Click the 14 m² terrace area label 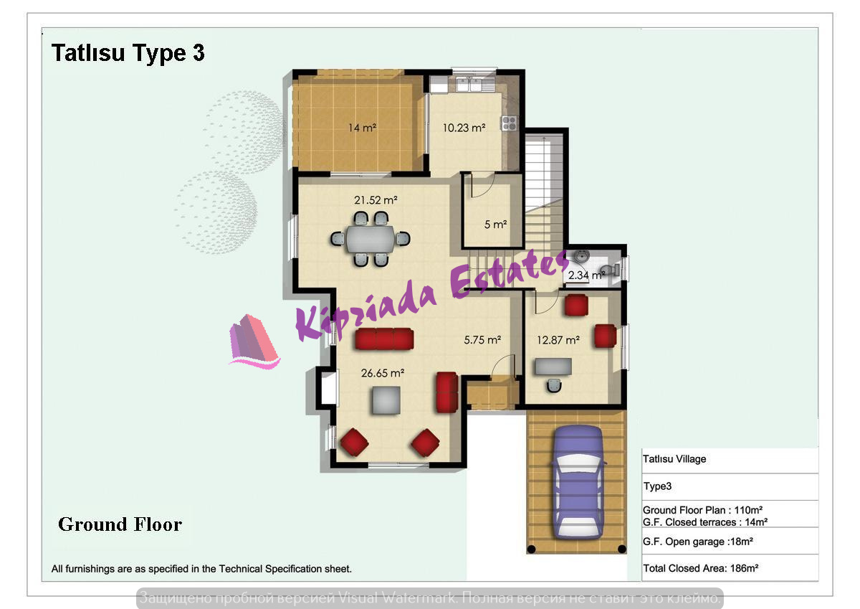[362, 128]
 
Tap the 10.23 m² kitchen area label [464, 128]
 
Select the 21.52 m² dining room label [376, 200]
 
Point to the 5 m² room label [495, 224]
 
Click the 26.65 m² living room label [383, 373]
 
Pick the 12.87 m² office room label [558, 340]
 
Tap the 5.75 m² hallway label [482, 340]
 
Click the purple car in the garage [578, 483]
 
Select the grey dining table [371, 239]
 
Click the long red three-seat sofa [384, 339]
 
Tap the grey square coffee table [386, 400]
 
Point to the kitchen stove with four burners [509, 123]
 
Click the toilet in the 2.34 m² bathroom [610, 270]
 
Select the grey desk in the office [553, 366]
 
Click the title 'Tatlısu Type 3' [128, 52]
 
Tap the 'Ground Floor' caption [120, 524]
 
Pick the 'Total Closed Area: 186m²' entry [701, 568]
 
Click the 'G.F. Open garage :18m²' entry [698, 542]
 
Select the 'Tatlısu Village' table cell [674, 459]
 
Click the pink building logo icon [254, 342]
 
